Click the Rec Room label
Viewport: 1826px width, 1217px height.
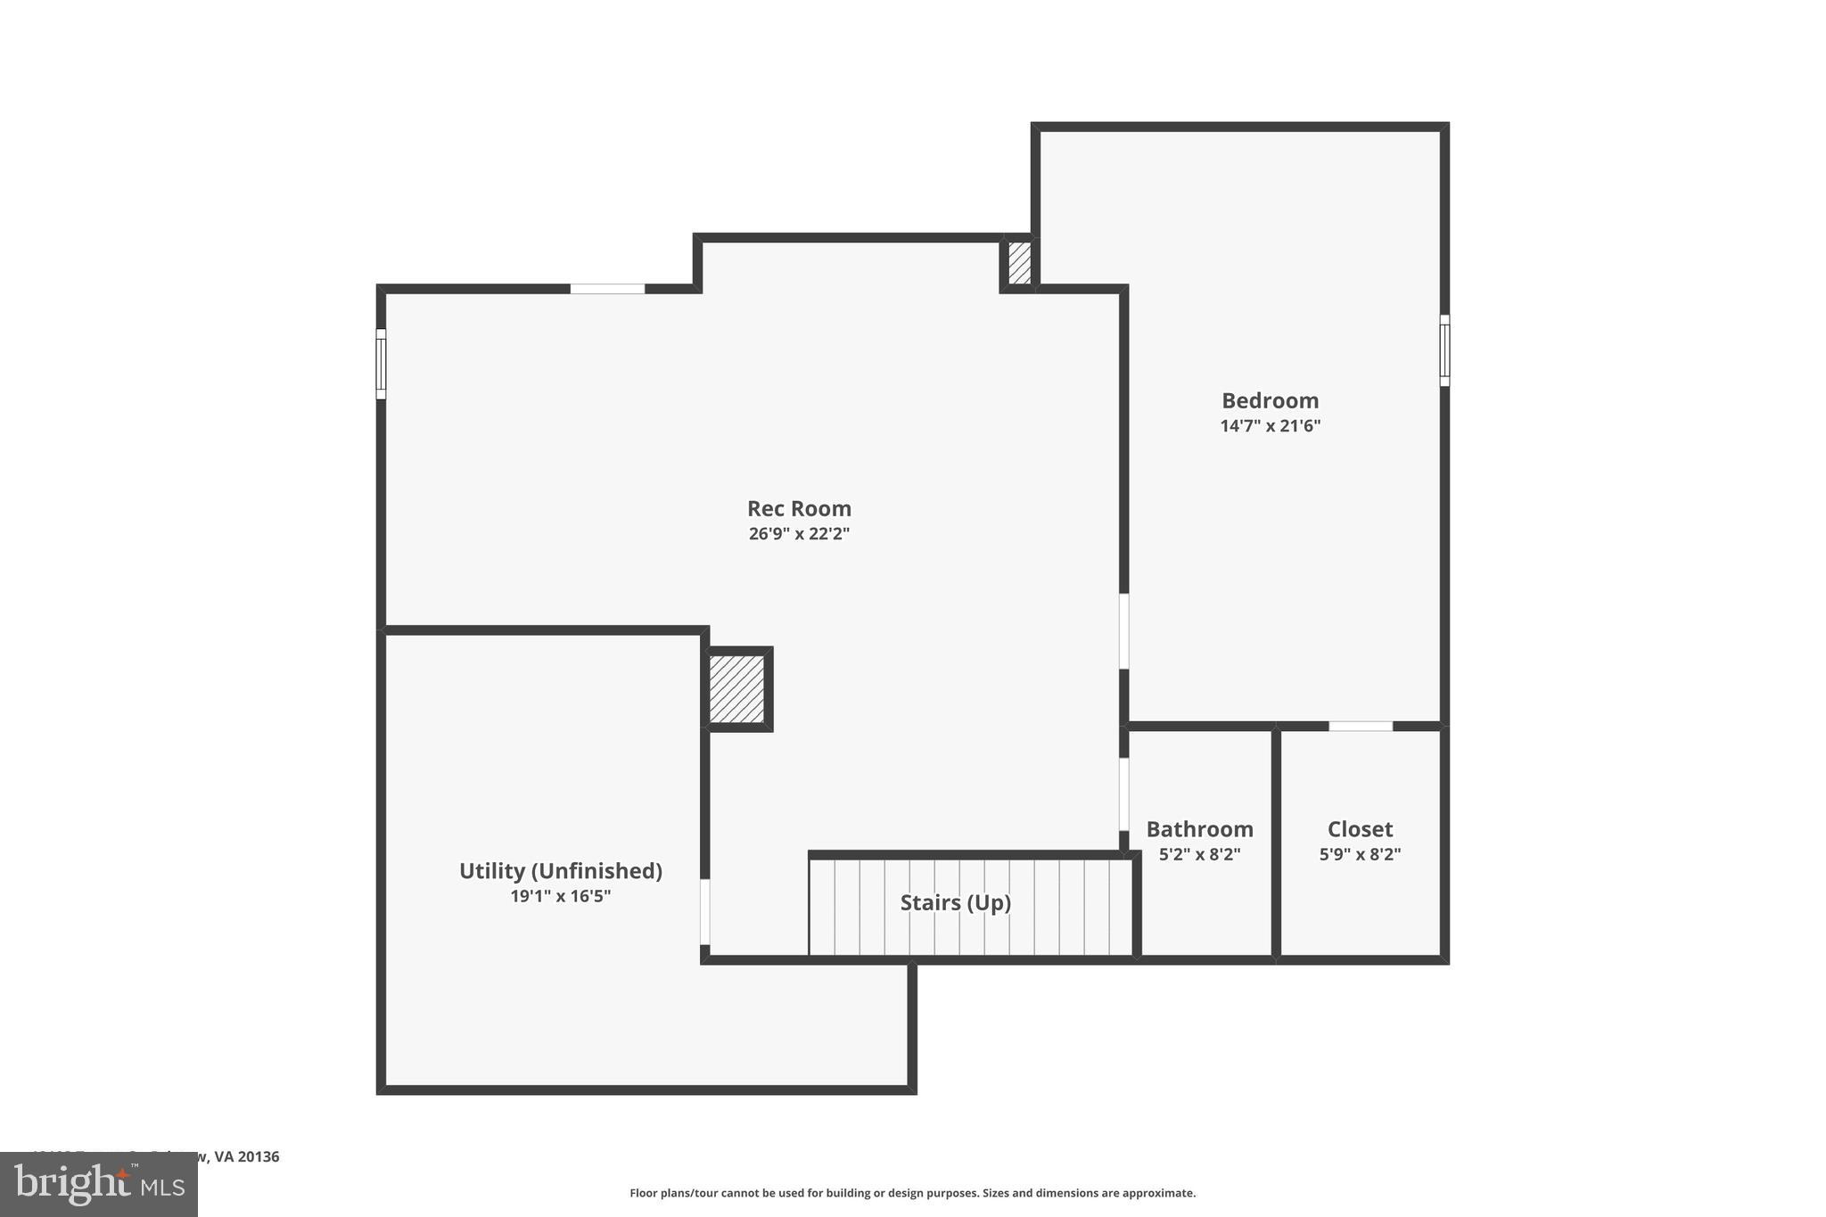(x=799, y=508)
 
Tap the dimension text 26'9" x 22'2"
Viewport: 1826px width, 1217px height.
(x=799, y=534)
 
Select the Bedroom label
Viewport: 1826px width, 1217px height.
(x=1270, y=400)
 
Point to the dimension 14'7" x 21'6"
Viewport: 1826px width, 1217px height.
(x=1270, y=426)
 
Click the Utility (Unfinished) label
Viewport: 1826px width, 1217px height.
(x=560, y=871)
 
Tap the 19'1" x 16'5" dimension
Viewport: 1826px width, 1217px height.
(x=560, y=896)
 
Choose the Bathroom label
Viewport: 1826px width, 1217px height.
(x=1199, y=829)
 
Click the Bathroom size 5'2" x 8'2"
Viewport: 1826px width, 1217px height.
(x=1199, y=854)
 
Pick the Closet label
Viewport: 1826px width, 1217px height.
(x=1360, y=829)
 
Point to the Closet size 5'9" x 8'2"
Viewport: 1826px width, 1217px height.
(x=1360, y=854)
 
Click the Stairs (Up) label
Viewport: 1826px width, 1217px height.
(x=955, y=902)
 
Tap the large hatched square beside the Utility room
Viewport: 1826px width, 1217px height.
(x=737, y=689)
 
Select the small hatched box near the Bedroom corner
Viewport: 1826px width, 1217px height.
(x=1019, y=263)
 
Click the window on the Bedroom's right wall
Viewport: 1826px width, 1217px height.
(x=1444, y=350)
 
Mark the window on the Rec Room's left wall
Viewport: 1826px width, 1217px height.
(x=381, y=364)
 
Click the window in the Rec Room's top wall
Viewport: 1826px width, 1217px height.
(x=607, y=289)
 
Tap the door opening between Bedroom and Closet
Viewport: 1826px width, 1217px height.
(x=1361, y=727)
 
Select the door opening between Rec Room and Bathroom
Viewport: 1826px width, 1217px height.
(x=1123, y=794)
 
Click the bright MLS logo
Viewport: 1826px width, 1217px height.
(x=99, y=1184)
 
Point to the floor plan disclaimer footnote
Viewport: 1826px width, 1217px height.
(x=912, y=1193)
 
